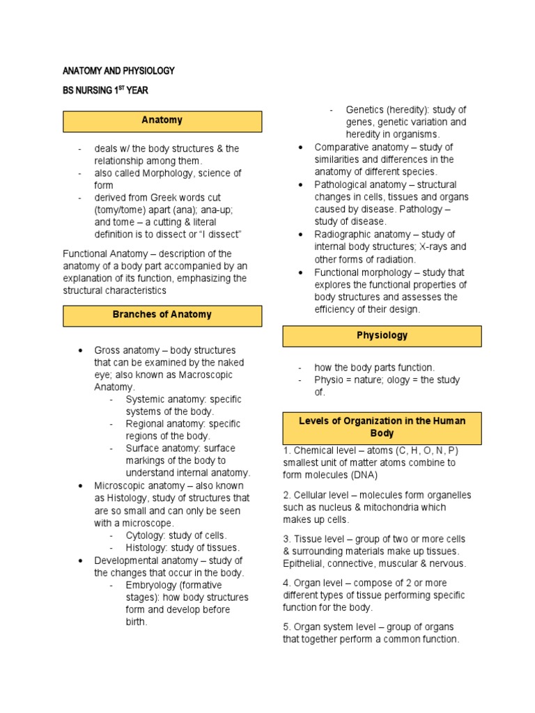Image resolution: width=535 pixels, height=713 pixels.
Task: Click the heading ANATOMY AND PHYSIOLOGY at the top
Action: (x=118, y=71)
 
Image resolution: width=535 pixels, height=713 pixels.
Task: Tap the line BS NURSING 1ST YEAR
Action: (x=105, y=91)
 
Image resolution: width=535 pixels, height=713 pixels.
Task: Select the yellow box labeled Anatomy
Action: (x=162, y=120)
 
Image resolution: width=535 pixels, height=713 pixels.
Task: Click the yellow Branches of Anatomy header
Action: (x=162, y=315)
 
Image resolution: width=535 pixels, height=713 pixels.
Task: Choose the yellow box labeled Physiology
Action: (x=382, y=336)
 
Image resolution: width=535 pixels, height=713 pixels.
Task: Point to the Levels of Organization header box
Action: (x=382, y=427)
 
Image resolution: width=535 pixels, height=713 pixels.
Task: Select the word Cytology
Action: (x=146, y=535)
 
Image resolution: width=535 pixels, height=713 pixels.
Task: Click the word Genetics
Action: (x=366, y=110)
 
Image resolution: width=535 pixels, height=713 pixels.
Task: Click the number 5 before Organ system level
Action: (x=286, y=627)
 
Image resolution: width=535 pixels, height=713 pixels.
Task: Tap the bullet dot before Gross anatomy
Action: (x=82, y=350)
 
